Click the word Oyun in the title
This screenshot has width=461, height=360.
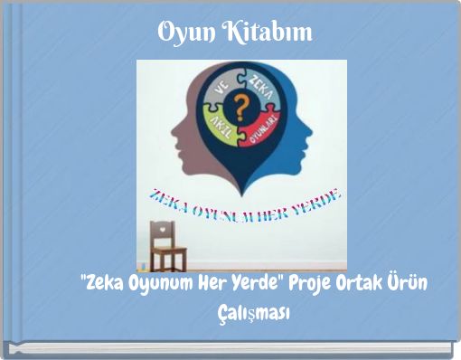point(185,33)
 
